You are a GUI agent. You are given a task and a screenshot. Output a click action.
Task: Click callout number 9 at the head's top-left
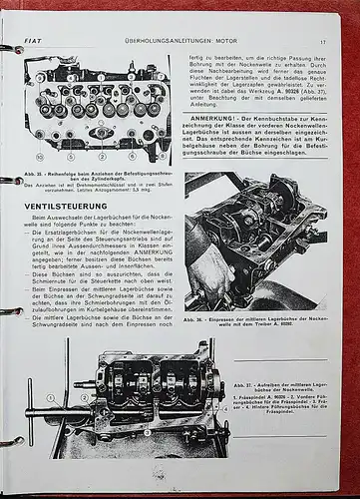click(x=41, y=78)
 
